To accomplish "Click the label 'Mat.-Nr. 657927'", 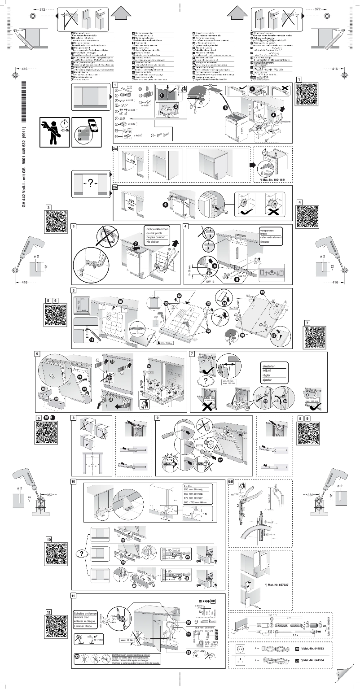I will (277, 585).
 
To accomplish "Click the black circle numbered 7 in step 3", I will (136, 244).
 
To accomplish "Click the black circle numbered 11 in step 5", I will (92, 340).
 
